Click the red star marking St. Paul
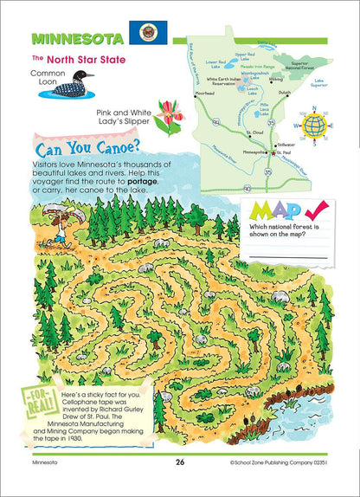click(276, 153)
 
